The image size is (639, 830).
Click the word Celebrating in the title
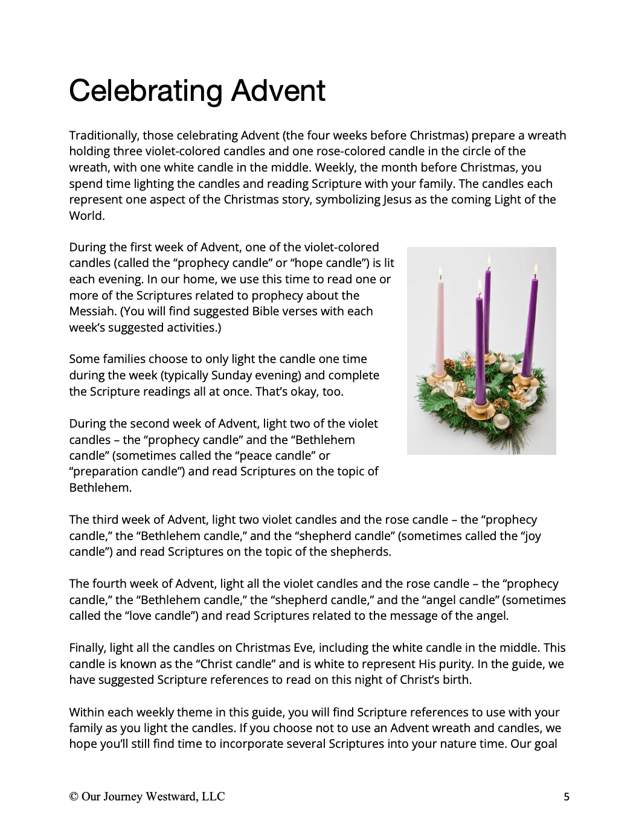146,91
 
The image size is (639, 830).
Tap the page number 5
567,797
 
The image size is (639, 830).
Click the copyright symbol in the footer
73,797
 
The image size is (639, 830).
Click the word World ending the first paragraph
86,216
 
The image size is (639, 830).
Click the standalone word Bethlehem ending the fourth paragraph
100,487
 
